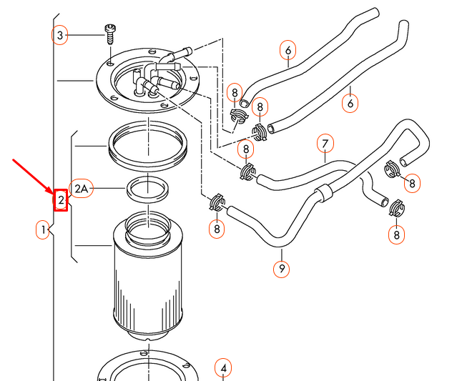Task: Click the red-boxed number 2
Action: click(x=62, y=200)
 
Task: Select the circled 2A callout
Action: click(x=81, y=188)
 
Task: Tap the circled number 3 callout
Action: click(x=60, y=34)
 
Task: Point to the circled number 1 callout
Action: click(x=43, y=229)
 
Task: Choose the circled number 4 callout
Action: click(x=223, y=368)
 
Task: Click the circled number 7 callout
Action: click(x=325, y=145)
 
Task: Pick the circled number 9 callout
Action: click(x=282, y=269)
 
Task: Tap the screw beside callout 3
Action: click(x=110, y=32)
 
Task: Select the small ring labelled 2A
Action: click(x=147, y=189)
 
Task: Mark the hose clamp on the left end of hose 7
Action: click(x=248, y=171)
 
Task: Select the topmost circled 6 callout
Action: click(x=288, y=50)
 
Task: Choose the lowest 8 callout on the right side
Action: click(x=395, y=234)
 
